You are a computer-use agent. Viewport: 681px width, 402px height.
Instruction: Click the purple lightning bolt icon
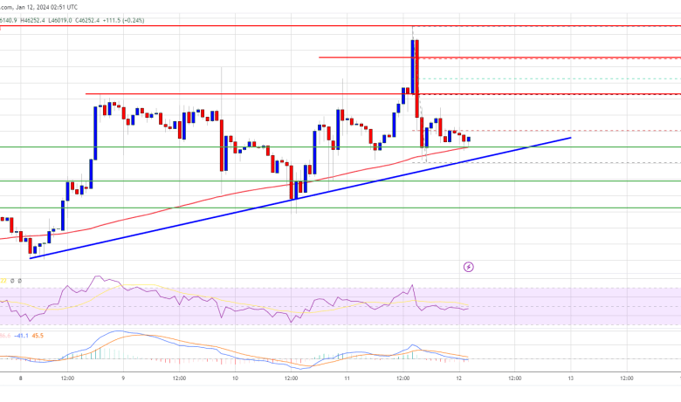[468, 266]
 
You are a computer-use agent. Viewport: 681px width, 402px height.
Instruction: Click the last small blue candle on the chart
[469, 139]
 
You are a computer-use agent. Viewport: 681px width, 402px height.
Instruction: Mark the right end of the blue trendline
[570, 137]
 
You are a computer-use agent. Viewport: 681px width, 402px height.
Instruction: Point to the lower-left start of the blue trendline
[31, 257]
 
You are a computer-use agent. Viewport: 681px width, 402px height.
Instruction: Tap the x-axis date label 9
[123, 380]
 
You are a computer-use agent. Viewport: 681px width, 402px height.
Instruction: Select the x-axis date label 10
[236, 380]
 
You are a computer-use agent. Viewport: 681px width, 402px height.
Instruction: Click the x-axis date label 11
[347, 380]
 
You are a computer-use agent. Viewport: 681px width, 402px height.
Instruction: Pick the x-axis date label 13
[570, 380]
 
